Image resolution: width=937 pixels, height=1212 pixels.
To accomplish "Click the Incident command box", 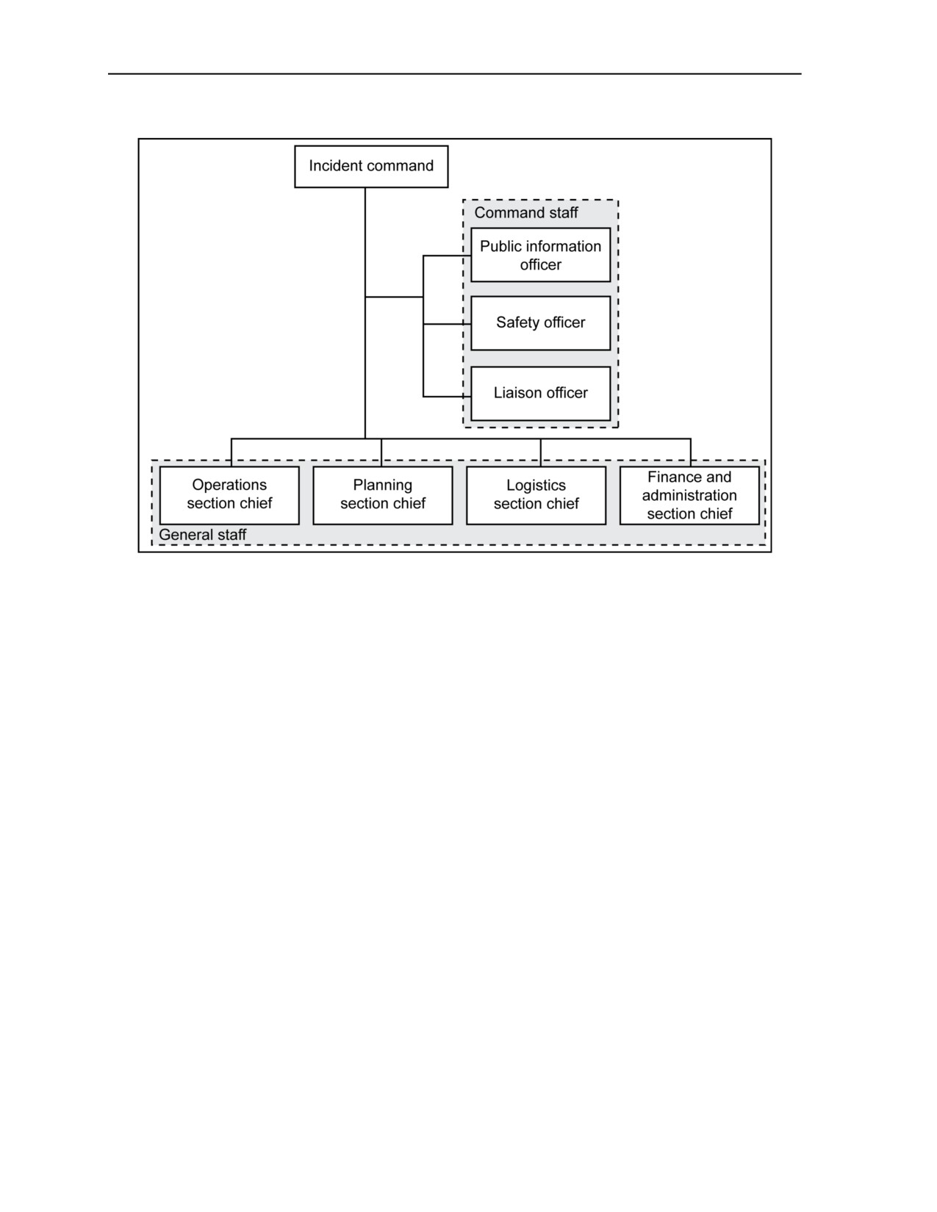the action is tap(371, 166).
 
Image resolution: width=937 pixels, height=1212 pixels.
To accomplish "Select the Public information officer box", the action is tap(540, 255).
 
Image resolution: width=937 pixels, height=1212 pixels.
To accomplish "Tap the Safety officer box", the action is tap(540, 323).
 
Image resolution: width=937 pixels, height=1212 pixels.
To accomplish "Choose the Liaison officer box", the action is tap(540, 393).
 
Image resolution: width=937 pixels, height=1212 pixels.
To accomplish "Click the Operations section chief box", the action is tap(229, 495).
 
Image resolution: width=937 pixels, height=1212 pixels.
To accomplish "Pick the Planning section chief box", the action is tap(383, 495).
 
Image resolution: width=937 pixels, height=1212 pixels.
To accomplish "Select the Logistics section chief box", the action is tap(536, 495).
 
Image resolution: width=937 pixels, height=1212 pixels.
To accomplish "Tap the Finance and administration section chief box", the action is tap(689, 495).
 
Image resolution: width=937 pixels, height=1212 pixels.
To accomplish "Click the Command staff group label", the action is tap(525, 212).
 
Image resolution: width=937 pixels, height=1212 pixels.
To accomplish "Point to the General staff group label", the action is tap(203, 534).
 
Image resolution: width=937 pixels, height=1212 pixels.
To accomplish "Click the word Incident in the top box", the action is tap(336, 166).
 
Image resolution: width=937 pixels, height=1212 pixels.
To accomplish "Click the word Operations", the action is tap(229, 486).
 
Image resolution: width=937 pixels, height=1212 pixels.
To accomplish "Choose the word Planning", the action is tap(383, 486).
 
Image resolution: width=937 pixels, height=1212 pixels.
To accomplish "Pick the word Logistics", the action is tap(536, 486).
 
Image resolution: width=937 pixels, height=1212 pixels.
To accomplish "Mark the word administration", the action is tap(689, 495).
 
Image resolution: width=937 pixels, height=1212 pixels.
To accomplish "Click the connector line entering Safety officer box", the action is tap(447, 324).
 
